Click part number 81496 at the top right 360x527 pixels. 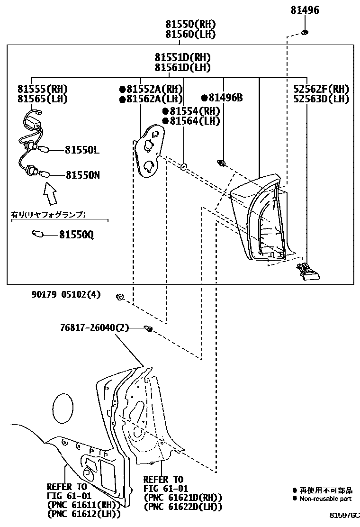[305, 10]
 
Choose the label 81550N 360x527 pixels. [82, 175]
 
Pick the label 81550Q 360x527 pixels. [76, 235]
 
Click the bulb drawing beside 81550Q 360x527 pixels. [37, 234]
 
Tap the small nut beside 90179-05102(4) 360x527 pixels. [119, 297]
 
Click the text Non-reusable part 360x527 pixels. [326, 498]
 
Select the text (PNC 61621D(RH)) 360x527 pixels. [183, 497]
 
